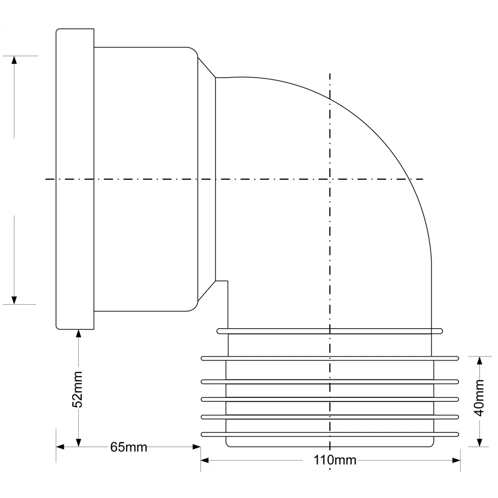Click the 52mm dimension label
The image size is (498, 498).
tap(77, 389)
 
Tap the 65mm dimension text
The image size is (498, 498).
tap(128, 447)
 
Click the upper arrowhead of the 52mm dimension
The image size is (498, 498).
tap(78, 333)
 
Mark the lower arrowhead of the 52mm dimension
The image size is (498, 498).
tap(78, 442)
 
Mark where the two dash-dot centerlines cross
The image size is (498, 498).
tap(329, 179)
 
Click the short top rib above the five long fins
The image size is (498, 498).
tap(329, 330)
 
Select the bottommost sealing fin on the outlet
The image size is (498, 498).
tap(329, 433)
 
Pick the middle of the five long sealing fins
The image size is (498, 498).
tap(329, 399)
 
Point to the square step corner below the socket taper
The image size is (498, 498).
tap(227, 282)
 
